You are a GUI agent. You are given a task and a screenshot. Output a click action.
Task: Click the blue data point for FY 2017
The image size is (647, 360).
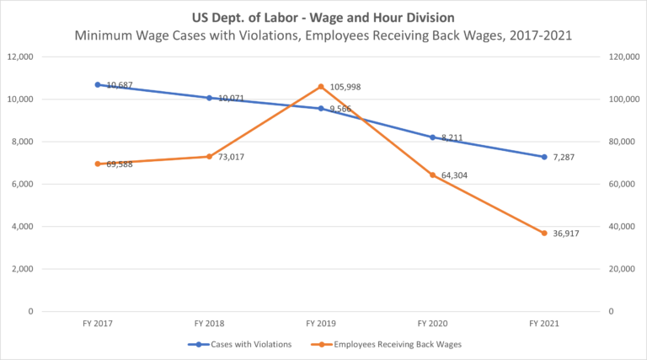click(x=98, y=84)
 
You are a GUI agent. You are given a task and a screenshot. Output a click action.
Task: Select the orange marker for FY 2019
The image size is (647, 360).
click(x=321, y=87)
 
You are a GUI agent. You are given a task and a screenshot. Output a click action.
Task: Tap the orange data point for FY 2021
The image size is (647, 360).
click(x=544, y=233)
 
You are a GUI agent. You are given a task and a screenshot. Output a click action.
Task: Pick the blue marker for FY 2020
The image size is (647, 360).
click(x=433, y=137)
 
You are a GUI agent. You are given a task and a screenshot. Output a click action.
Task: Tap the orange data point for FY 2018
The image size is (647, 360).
click(x=209, y=156)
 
